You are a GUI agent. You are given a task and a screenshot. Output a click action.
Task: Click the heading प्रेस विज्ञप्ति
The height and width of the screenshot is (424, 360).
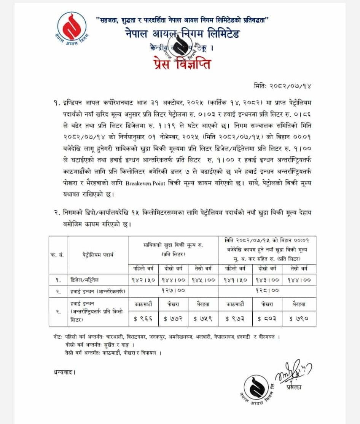180,62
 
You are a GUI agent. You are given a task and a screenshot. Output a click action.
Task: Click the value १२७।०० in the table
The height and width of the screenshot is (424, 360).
174,290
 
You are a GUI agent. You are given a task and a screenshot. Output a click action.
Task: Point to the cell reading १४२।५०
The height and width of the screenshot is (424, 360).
143,280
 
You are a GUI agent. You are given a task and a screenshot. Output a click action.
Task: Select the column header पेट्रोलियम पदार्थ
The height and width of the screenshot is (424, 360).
97,255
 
